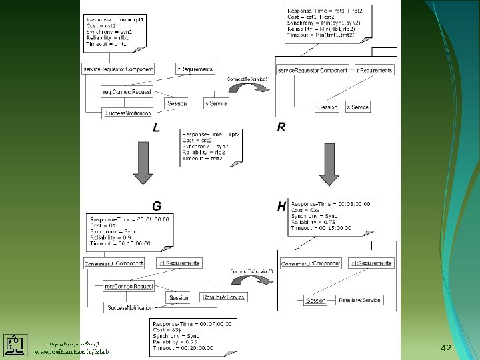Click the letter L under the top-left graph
click(156, 128)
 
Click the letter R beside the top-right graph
click(281, 127)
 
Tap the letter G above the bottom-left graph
click(156, 205)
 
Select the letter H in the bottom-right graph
click(281, 207)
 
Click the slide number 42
click(447, 348)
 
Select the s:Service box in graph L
click(216, 103)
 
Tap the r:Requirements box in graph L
click(195, 69)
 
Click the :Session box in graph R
click(327, 107)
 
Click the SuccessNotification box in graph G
click(129, 308)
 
